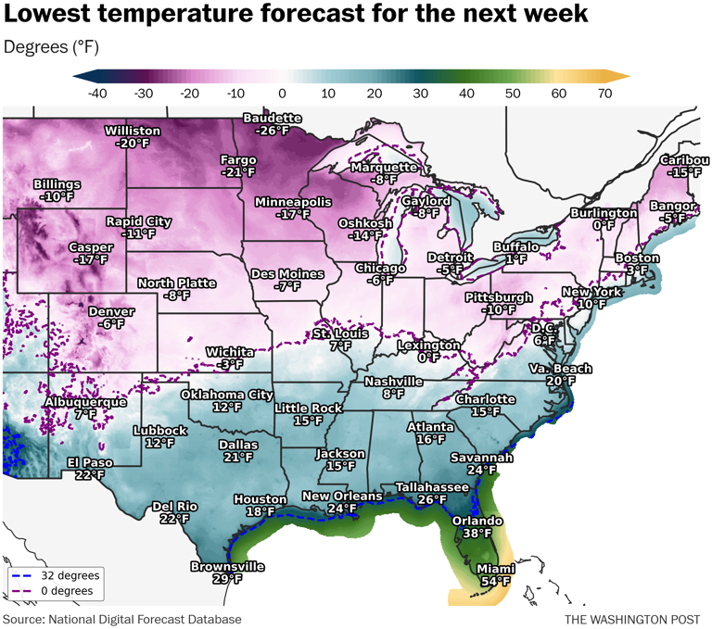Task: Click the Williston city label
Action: [x=133, y=131]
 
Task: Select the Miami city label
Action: [x=495, y=569]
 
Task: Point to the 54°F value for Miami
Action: [x=495, y=581]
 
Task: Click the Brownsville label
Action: [x=227, y=566]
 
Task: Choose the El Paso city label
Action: [x=90, y=462]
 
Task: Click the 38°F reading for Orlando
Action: [x=477, y=534]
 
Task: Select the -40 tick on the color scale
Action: [x=95, y=93]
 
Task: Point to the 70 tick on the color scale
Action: [x=605, y=93]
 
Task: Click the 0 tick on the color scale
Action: [x=281, y=93]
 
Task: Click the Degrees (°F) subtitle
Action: [x=52, y=46]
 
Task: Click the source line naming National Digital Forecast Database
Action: [x=121, y=619]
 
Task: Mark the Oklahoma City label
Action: [x=226, y=395]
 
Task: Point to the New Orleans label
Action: [x=342, y=497]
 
